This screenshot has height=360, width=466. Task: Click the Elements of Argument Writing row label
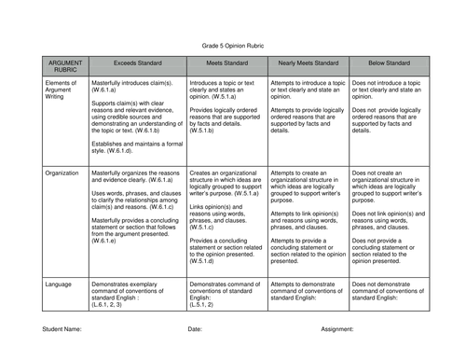click(60, 92)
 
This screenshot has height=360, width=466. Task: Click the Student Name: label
click(61, 329)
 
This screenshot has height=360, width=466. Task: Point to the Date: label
click(195, 329)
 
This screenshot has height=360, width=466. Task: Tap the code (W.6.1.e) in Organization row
click(103, 241)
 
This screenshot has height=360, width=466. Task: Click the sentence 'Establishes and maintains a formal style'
click(138, 146)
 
